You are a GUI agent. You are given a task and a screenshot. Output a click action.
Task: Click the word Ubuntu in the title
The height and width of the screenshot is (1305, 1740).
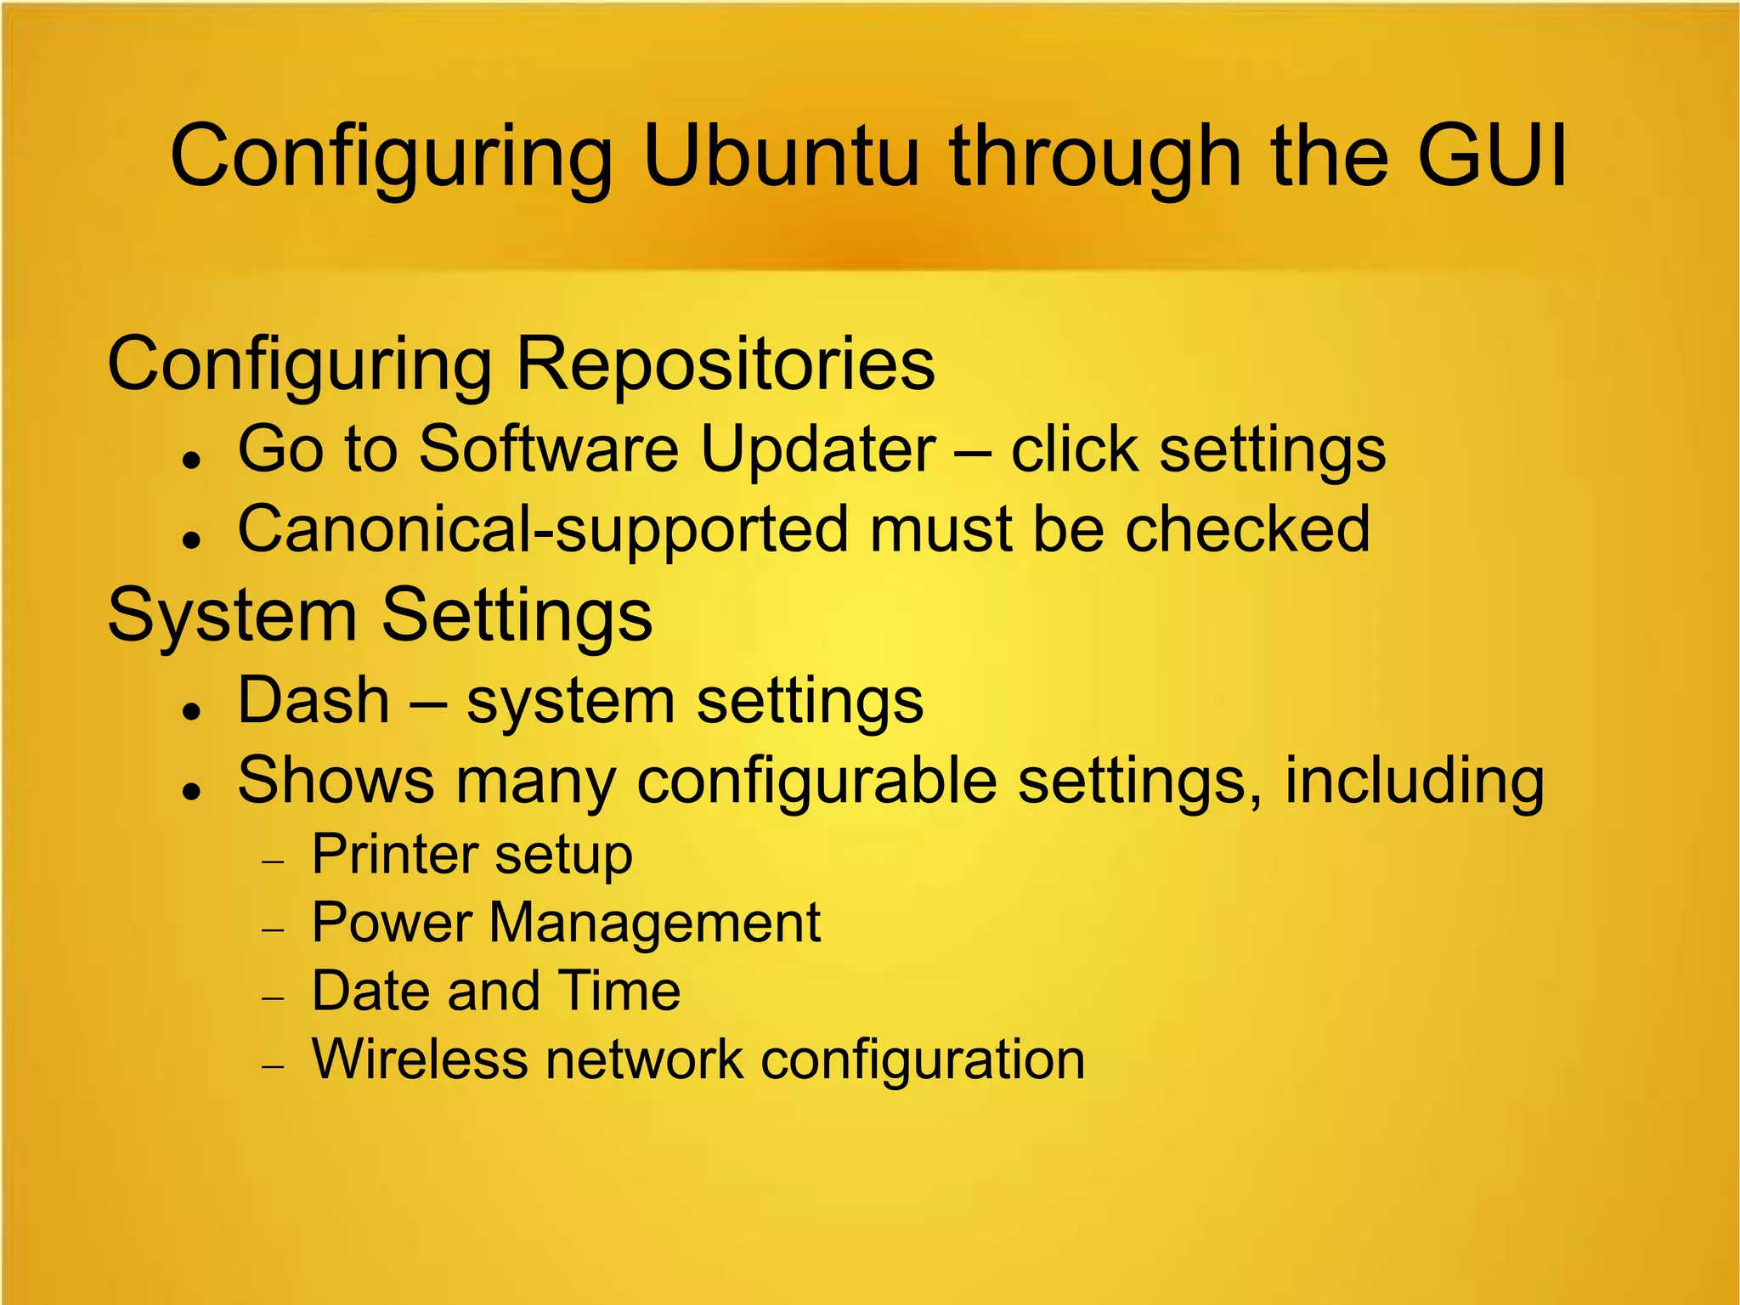tap(780, 156)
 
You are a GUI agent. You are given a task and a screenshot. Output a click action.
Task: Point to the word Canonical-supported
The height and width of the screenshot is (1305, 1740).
tap(543, 530)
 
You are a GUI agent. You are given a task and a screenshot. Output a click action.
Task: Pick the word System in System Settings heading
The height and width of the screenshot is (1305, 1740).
tap(232, 616)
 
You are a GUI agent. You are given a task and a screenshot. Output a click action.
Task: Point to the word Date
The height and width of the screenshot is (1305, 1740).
tap(367, 991)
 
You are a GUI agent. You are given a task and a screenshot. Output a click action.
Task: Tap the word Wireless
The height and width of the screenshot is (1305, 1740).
tap(420, 1059)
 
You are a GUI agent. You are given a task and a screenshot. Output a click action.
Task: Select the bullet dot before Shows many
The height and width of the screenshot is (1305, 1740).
tap(195, 791)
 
